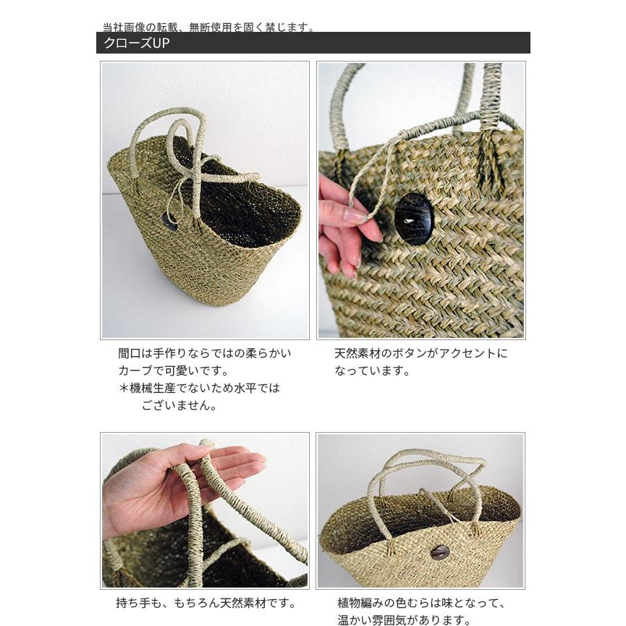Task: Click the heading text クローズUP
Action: coord(136,43)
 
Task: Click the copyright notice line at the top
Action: coord(208,28)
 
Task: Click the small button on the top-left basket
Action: coord(170,222)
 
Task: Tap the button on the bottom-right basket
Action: coord(439,551)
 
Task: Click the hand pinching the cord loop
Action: coord(344,224)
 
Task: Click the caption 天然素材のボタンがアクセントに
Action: coord(420,354)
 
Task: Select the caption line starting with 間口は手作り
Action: coord(205,354)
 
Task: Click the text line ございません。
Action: coord(179,405)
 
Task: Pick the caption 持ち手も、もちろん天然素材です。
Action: coord(206,603)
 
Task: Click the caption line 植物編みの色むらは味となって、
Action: coord(420,603)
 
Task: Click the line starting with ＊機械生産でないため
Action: coord(199,388)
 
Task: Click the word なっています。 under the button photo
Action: coord(372,371)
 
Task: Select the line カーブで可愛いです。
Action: coord(173,371)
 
